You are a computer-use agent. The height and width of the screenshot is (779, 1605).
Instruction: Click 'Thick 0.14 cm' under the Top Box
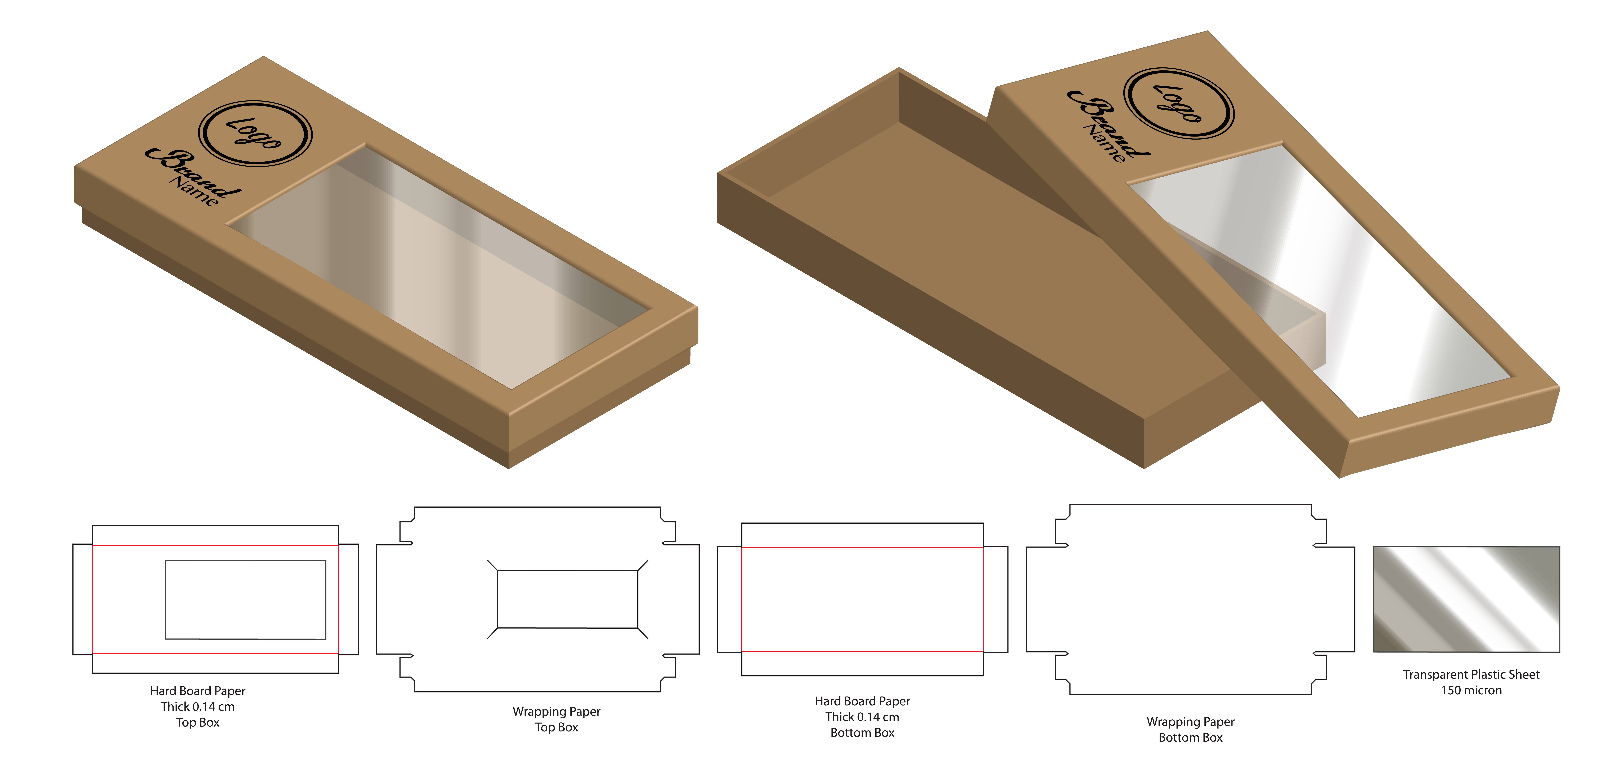tap(197, 707)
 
